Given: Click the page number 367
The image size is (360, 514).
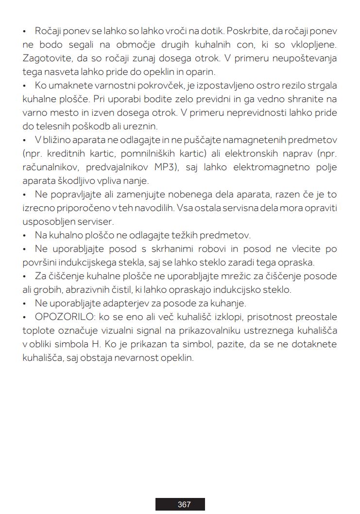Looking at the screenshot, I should pos(184,504).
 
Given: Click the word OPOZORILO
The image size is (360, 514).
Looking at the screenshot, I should pos(61,318).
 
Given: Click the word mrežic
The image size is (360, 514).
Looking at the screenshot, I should pos(208,276).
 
